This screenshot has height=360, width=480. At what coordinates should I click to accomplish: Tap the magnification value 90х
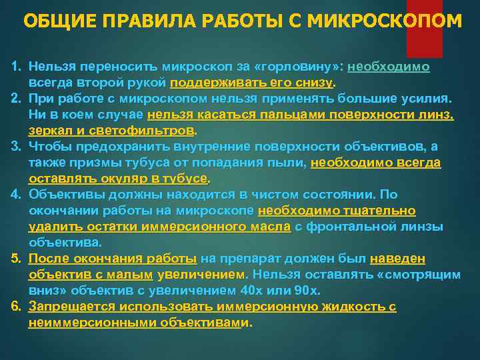click(x=308, y=291)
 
